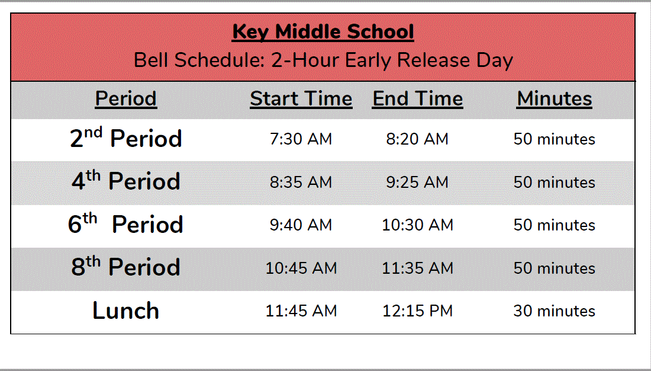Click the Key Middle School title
[323, 32]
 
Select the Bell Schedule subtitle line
[323, 60]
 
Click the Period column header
[126, 99]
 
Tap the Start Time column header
[301, 99]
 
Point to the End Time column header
[417, 99]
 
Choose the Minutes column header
[555, 99]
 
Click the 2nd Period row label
[126, 139]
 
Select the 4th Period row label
[126, 181]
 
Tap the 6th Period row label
[126, 225]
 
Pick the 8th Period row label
[126, 267]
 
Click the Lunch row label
[126, 311]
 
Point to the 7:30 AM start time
[301, 139]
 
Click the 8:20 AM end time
[417, 139]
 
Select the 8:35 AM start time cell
[301, 182]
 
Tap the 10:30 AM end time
[417, 225]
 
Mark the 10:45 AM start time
[301, 268]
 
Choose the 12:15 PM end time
[417, 311]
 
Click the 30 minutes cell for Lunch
[555, 311]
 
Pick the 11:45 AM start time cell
[301, 311]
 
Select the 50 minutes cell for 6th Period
[555, 225]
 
